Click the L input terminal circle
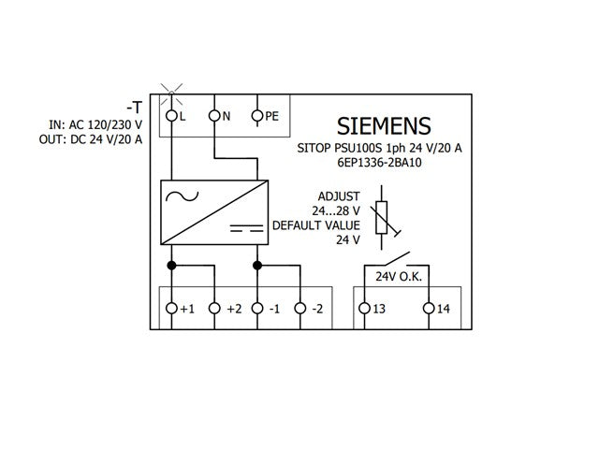[171, 115]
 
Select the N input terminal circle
[214, 115]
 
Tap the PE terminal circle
[257, 115]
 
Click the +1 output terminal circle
[171, 308]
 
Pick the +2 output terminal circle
[214, 308]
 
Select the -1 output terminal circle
[257, 308]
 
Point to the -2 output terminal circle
[300, 308]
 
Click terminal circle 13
[364, 308]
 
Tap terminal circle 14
[429, 308]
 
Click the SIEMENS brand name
[384, 126]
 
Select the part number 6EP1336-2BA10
[379, 163]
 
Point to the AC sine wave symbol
[182, 196]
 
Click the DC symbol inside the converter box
[246, 228]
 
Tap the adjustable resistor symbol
[382, 218]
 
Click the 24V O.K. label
[399, 277]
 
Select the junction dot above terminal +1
[171, 266]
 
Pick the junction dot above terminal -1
[257, 266]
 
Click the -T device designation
[135, 108]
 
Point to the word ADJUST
[339, 196]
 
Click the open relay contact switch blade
[397, 258]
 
